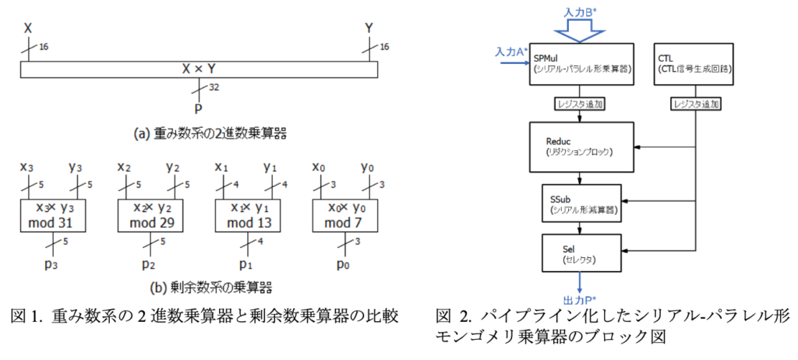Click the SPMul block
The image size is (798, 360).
[x=581, y=63]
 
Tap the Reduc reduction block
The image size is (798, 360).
[x=581, y=143]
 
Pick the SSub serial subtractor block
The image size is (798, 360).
[x=581, y=205]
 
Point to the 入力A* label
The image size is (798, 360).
[x=510, y=51]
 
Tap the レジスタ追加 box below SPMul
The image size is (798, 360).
[x=581, y=103]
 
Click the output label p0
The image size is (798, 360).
[x=343, y=265]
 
